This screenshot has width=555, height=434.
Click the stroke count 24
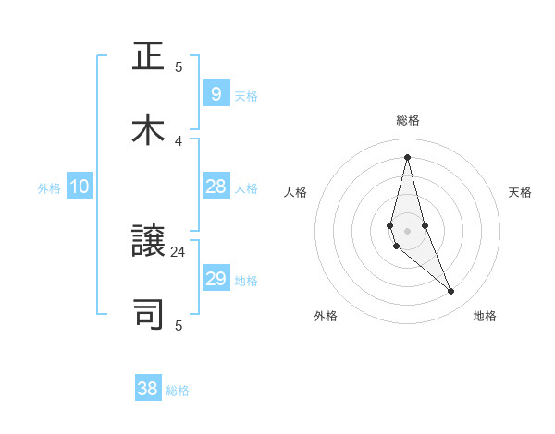(179, 251)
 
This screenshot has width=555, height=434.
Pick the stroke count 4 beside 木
(179, 140)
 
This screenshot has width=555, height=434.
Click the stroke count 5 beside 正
(179, 66)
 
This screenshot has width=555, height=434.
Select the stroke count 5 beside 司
(179, 325)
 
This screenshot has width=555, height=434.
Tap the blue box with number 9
(216, 94)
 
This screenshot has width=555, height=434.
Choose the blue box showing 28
(216, 187)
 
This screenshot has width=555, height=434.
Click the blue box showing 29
(216, 279)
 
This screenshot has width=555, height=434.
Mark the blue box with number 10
(80, 187)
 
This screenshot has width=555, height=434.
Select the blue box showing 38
(148, 389)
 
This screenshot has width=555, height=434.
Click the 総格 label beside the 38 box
(178, 391)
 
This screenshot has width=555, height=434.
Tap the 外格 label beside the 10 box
(49, 188)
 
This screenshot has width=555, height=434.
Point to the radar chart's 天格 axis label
(520, 192)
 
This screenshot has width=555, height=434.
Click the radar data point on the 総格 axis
(407, 157)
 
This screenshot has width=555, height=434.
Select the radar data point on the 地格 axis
(451, 292)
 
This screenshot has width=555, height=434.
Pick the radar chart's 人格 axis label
(295, 192)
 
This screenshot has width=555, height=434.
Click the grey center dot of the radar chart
(407, 230)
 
